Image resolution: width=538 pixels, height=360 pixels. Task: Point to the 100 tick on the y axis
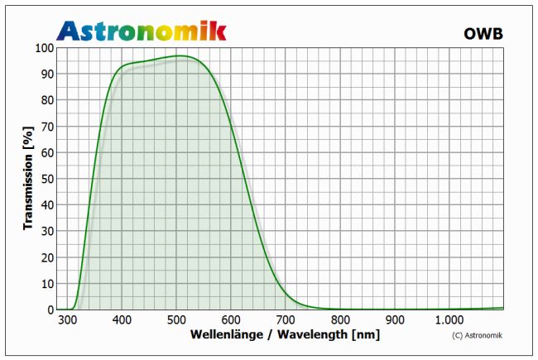(x=43, y=48)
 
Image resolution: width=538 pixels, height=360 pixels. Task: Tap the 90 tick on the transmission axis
(x=46, y=74)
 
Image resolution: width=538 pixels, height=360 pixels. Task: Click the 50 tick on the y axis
(x=46, y=179)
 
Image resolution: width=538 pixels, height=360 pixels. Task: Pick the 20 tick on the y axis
(x=46, y=257)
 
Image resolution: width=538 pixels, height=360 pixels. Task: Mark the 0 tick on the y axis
(x=50, y=310)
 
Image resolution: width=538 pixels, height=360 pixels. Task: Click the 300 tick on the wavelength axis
(x=67, y=320)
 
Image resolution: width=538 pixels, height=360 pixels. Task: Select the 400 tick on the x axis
(x=122, y=320)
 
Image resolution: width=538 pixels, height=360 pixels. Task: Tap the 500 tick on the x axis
(x=176, y=320)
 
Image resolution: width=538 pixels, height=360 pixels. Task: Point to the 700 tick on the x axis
(x=286, y=320)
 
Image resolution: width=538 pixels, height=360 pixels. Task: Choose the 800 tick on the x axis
(x=340, y=320)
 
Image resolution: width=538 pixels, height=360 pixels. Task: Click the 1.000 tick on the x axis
(x=449, y=320)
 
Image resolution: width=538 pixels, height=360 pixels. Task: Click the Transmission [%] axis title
(x=28, y=178)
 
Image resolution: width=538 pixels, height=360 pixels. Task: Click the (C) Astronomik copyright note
(x=478, y=335)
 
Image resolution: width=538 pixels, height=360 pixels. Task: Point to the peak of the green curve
(x=179, y=56)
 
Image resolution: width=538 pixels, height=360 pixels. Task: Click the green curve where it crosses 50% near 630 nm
(x=246, y=179)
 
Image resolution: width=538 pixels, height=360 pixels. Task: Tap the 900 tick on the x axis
(x=395, y=320)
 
